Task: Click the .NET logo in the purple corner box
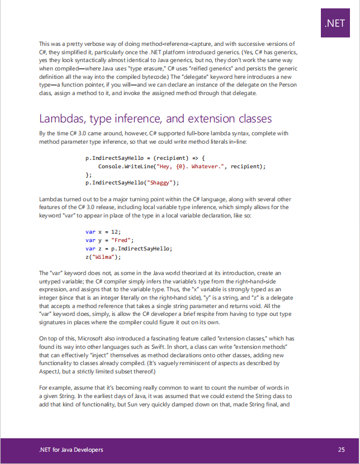pyautogui.click(x=334, y=23)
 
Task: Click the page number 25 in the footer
pyautogui.click(x=341, y=449)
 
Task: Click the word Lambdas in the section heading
pyautogui.click(x=61, y=119)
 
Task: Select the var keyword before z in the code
pyautogui.click(x=89, y=249)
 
